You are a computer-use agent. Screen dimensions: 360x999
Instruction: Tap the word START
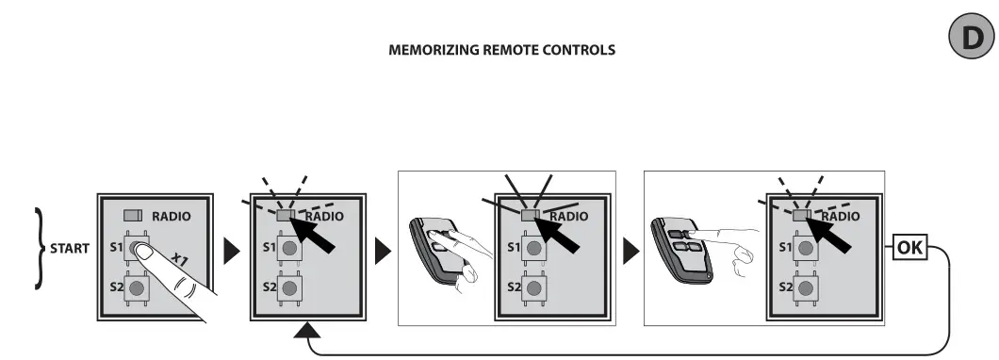69,250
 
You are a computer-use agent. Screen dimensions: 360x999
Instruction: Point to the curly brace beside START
39,249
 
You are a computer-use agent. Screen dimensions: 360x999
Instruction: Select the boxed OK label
911,249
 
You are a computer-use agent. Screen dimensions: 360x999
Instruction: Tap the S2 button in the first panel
139,286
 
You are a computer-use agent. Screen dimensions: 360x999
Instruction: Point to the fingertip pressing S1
142,251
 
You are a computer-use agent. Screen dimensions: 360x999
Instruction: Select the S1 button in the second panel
289,249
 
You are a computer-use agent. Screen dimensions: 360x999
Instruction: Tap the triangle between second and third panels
384,251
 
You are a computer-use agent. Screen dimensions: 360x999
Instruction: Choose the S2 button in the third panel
534,286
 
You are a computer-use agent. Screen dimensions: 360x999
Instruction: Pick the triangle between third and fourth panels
630,251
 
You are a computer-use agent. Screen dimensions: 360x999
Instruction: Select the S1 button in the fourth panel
806,249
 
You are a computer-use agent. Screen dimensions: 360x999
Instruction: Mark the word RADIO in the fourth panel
841,216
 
